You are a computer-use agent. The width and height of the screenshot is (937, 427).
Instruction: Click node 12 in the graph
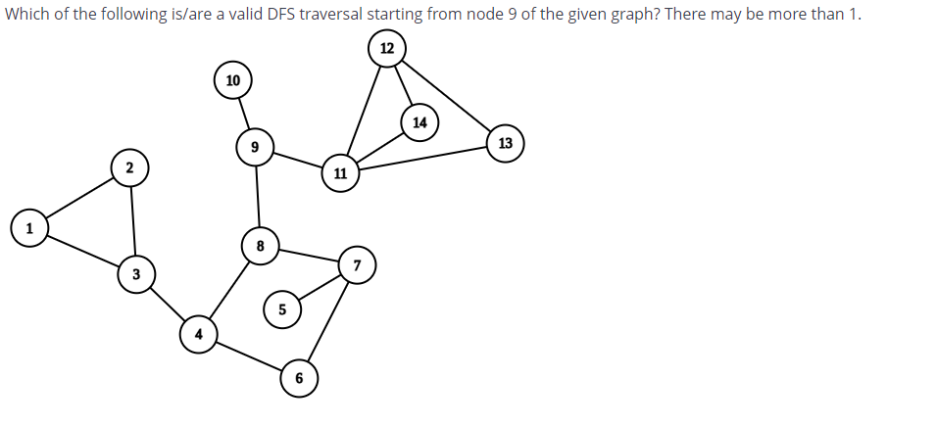click(387, 49)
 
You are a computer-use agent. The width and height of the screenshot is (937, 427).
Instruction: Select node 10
click(232, 80)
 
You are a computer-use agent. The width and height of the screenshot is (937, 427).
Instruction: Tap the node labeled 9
click(255, 147)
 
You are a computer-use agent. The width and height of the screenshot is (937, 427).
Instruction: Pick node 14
click(419, 122)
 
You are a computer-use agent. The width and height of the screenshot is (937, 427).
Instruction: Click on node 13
click(505, 143)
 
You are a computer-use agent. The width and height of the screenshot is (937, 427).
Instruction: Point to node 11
click(340, 174)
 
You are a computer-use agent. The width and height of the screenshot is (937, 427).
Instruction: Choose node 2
click(129, 166)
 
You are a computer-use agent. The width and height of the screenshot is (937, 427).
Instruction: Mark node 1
click(29, 228)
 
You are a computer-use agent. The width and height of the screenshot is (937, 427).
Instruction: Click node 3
click(135, 275)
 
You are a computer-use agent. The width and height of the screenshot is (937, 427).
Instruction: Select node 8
click(260, 245)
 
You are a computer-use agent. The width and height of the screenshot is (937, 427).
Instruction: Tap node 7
click(357, 265)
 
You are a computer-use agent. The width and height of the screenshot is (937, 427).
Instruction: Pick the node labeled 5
click(281, 309)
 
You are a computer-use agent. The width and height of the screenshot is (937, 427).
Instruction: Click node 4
click(198, 333)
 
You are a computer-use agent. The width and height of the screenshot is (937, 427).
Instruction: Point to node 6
click(299, 378)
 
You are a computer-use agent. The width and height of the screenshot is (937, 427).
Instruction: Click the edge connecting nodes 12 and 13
click(446, 95)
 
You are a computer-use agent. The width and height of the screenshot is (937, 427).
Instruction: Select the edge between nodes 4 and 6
click(249, 356)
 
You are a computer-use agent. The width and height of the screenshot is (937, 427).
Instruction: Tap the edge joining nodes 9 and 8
click(257, 196)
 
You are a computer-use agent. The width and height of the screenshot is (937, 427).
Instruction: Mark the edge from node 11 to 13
click(422, 159)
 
